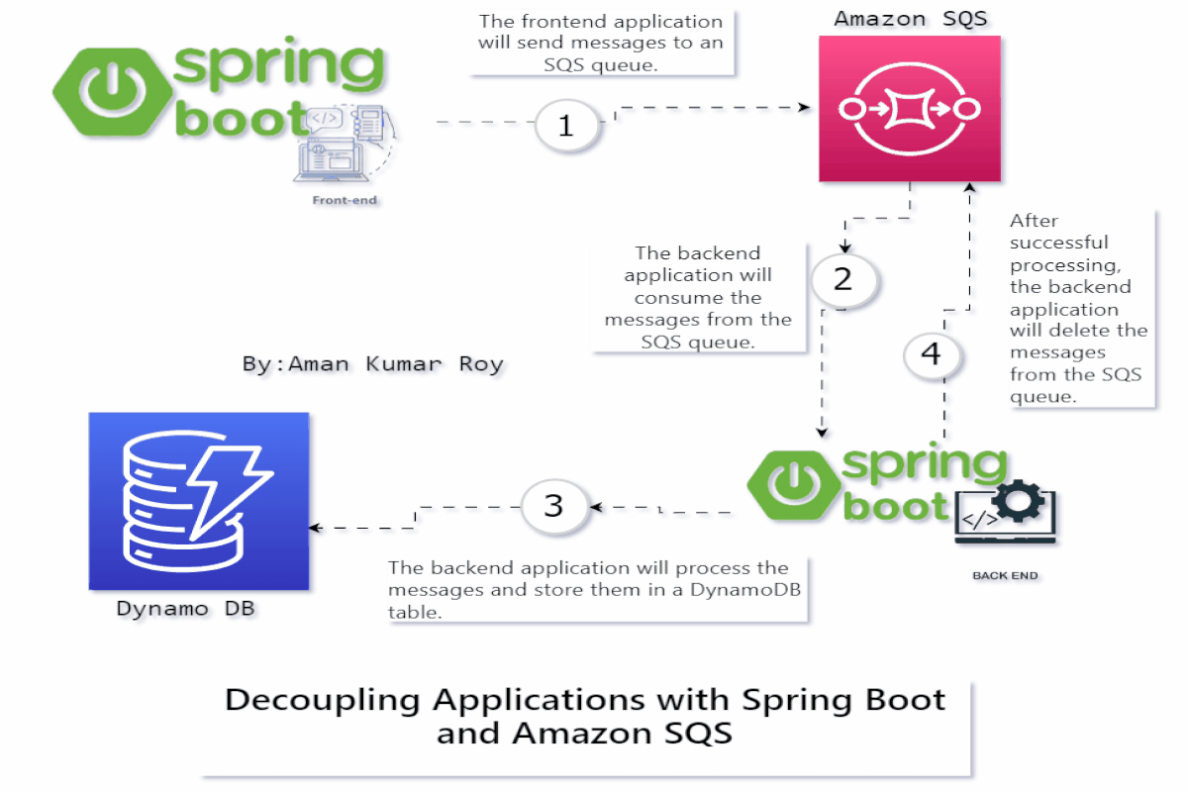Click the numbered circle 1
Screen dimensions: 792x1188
pos(566,126)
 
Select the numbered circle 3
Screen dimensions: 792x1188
pos(553,506)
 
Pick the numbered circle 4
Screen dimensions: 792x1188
pos(931,354)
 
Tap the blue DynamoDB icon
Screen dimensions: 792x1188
pos(199,501)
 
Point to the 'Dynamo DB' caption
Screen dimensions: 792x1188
pos(186,609)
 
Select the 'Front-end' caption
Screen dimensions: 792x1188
pos(345,201)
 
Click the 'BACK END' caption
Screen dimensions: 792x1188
pos(1005,575)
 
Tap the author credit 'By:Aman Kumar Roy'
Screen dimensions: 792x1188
pos(372,363)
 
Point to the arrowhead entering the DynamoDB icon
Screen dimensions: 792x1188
pos(317,528)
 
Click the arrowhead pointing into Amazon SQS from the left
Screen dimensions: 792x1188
pos(804,108)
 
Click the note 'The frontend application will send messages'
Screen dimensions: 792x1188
pos(601,43)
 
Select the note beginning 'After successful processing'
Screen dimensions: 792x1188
pos(1078,308)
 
